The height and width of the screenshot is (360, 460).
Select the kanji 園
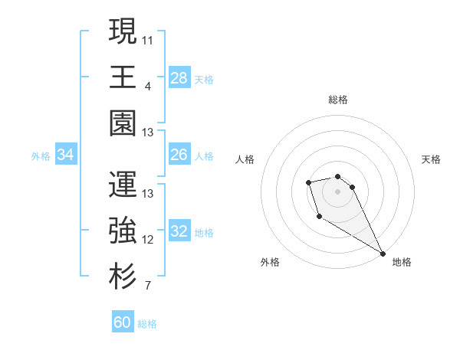point(123,123)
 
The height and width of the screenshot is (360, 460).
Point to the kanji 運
point(123,184)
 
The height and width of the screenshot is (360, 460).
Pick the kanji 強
point(123,230)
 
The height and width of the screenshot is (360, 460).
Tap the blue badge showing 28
point(179,78)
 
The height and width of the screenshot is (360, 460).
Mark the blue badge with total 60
point(123,322)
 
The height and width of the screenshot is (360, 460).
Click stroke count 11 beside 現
point(149,40)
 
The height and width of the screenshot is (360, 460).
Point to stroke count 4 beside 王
point(148,87)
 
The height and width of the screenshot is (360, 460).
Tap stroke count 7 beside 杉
point(148,286)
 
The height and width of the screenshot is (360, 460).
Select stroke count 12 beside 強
point(149,240)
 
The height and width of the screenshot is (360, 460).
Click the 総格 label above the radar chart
point(337,100)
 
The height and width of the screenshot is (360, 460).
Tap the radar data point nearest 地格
point(383,254)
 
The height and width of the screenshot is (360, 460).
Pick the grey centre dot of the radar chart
point(337,191)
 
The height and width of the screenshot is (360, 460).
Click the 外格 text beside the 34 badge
point(41,156)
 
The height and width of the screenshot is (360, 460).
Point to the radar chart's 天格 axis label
point(432,159)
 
